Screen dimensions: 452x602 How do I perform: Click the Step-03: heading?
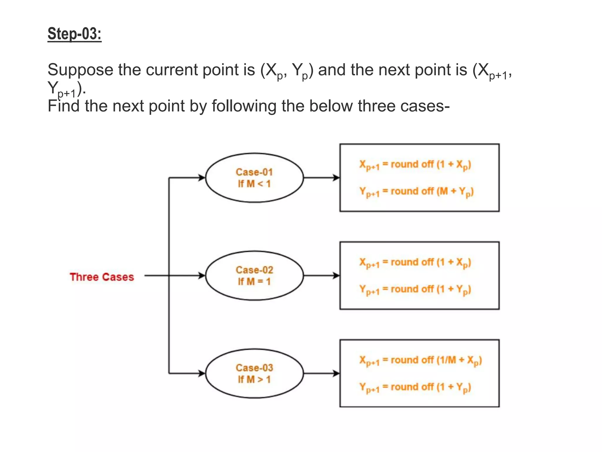pos(74,34)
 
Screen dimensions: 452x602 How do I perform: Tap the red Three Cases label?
pos(102,277)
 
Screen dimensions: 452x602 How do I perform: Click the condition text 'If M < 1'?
pos(254,184)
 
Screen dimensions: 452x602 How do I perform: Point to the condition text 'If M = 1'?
pos(254,282)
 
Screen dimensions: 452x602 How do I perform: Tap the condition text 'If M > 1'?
pos(254,380)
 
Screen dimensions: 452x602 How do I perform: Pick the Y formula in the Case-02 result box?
pos(415,290)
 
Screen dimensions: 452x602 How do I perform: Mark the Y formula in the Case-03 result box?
pos(415,387)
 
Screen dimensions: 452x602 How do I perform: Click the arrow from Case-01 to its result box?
pos(321,178)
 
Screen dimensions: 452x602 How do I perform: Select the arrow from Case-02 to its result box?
pos(321,276)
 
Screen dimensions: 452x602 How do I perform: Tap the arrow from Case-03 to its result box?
pos(321,373)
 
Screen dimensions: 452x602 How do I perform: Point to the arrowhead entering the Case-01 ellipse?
pos(202,178)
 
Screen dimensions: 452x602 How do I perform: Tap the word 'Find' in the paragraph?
pos(63,106)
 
